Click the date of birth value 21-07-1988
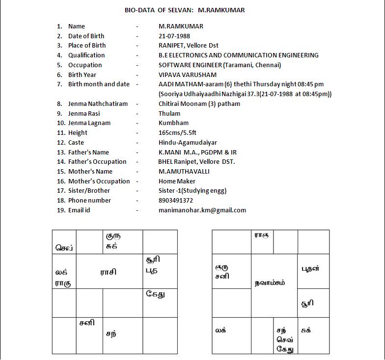point(174,36)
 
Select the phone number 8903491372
point(176,200)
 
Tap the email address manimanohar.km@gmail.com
point(202,210)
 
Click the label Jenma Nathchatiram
point(98,103)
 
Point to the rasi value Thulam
point(169,113)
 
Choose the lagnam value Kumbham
point(173,123)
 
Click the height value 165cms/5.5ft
point(178,132)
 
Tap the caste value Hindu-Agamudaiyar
point(188,142)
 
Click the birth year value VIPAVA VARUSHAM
point(188,75)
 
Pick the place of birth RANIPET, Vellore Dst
point(188,46)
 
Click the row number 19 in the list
point(61,210)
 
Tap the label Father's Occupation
point(97,161)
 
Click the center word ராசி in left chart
point(109,272)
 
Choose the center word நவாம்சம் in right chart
point(270,283)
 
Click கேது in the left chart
point(155,295)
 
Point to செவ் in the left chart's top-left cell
point(64,248)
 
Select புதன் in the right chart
point(310,268)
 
